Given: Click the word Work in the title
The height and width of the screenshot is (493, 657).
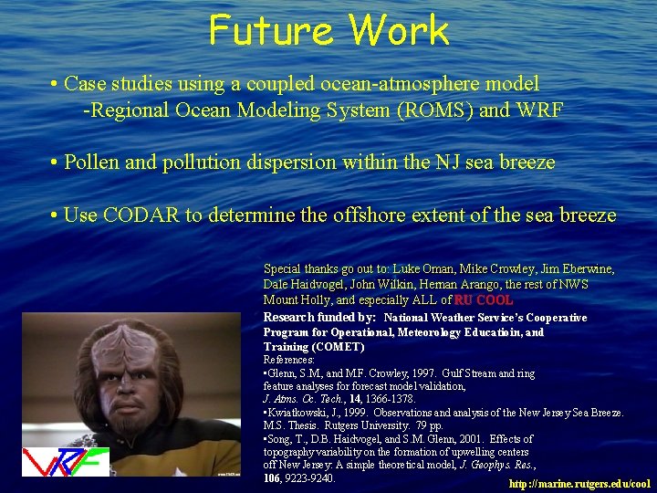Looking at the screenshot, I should [400, 30].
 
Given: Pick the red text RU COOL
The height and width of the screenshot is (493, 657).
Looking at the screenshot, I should [484, 299].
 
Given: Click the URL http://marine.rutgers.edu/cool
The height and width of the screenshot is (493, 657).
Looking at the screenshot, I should [579, 483].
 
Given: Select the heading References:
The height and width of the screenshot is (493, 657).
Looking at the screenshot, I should [288, 360].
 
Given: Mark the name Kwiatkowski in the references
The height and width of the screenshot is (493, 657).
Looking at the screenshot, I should [306, 413].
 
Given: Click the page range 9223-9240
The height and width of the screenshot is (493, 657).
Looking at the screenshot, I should [310, 477].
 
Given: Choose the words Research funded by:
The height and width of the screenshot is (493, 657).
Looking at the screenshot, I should [319, 317].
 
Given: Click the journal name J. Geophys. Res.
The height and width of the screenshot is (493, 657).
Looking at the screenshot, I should [496, 465].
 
